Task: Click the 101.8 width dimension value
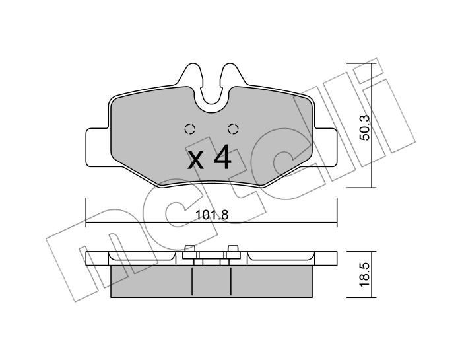point(212,215)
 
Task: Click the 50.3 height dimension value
point(365,127)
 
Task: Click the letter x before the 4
point(196,162)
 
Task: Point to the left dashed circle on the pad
point(190,129)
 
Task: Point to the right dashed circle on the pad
point(233,129)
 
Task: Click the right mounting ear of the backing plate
point(323,147)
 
